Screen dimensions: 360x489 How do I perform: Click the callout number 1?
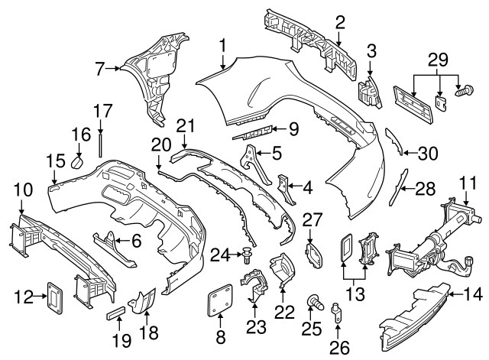pos(222,47)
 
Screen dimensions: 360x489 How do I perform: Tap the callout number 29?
pos(436,59)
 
